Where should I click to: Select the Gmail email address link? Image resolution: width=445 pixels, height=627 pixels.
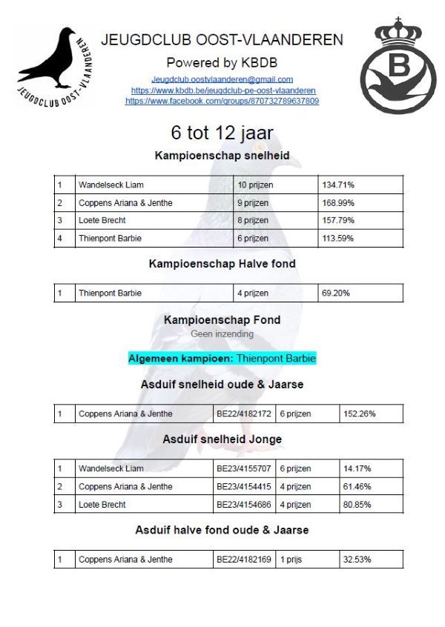(222, 79)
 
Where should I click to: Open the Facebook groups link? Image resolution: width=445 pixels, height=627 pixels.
(222, 101)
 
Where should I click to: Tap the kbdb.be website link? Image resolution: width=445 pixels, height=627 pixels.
(222, 90)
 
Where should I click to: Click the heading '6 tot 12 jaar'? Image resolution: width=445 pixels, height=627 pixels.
(222, 133)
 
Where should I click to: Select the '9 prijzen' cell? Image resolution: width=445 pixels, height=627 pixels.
(254, 202)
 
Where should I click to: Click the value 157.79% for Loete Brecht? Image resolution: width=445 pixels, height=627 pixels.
(338, 220)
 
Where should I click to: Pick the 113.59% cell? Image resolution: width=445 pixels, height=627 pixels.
(338, 238)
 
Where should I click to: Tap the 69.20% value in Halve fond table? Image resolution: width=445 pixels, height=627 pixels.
(336, 293)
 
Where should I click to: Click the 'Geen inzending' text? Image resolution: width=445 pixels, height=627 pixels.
(222, 334)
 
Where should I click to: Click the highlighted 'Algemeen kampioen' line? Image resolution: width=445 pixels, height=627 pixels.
(222, 359)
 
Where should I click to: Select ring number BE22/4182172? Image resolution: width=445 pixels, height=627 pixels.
(244, 414)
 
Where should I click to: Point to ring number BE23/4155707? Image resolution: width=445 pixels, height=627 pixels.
(244, 468)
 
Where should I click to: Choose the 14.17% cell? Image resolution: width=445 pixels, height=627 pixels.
(357, 468)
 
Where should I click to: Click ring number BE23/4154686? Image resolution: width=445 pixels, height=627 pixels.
(244, 504)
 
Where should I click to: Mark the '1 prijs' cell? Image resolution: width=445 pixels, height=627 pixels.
(294, 559)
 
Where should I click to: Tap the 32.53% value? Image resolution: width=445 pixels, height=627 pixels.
(357, 559)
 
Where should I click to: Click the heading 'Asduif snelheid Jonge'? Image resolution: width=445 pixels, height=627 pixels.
(222, 439)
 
